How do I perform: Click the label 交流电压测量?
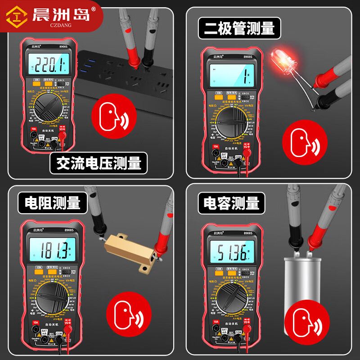click(x=99, y=163)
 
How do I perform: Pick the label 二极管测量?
click(x=239, y=29)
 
